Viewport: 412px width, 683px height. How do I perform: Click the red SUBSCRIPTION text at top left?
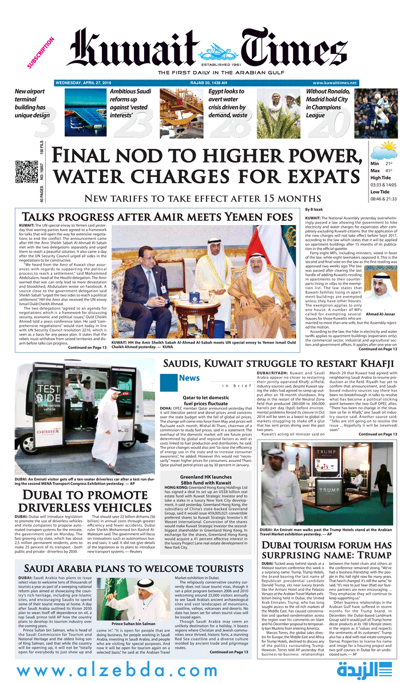(40, 53)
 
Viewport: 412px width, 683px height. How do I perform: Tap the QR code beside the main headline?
(26, 172)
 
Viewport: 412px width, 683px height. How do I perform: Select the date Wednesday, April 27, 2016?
(84, 83)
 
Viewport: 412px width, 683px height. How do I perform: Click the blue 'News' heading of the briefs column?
(189, 378)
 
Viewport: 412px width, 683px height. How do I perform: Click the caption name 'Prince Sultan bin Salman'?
(133, 623)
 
